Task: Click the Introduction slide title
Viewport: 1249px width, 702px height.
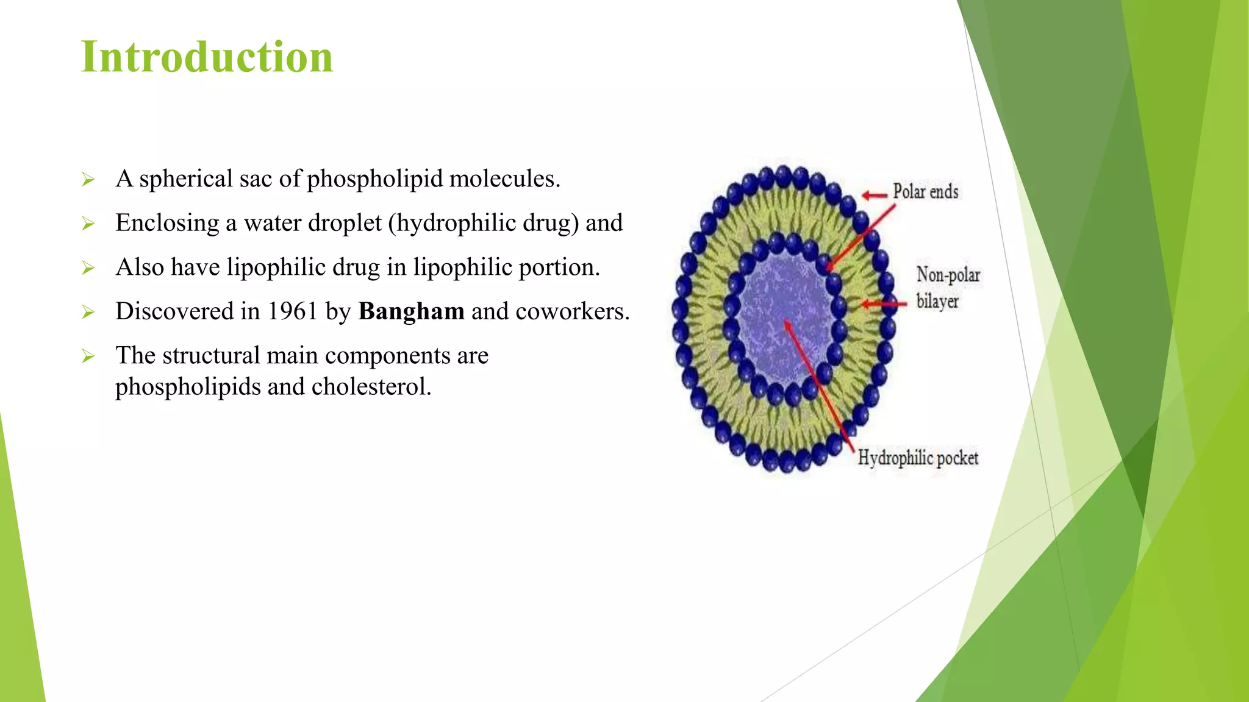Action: (x=207, y=57)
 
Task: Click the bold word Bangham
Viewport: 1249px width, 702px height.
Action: (x=411, y=311)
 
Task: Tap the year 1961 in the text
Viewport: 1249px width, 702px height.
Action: (x=292, y=311)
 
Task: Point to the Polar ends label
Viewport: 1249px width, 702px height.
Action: (x=925, y=191)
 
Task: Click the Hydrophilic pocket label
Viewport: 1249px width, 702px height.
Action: (x=918, y=458)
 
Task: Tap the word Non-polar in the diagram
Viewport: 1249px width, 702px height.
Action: (x=948, y=275)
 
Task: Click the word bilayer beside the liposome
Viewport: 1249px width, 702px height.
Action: (x=937, y=301)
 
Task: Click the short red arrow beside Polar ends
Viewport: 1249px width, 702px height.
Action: (x=874, y=195)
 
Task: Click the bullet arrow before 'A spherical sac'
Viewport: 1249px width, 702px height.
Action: (x=88, y=180)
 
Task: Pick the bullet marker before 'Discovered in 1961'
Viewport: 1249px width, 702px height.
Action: (x=88, y=313)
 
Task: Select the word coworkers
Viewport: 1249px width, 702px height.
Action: (x=572, y=311)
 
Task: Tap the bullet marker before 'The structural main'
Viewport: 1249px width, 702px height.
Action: (x=88, y=356)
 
